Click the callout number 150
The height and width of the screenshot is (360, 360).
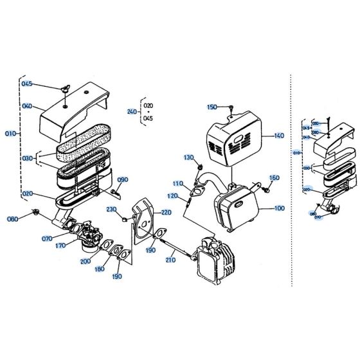coord(212,107)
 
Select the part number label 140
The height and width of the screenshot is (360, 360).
coord(278,136)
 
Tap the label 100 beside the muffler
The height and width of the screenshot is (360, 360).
coord(278,208)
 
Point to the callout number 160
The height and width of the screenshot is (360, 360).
coord(274,178)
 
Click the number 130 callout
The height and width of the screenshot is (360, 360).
coord(188,157)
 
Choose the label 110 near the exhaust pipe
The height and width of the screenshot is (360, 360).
coord(177,183)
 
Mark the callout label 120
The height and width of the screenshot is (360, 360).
coord(173,196)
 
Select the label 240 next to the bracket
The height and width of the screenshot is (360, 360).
coord(132,111)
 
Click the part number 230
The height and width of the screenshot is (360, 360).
coord(111,210)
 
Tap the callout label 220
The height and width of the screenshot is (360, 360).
coord(166,212)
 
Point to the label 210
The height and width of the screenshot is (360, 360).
coord(170,260)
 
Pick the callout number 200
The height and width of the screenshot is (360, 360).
coord(85,262)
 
